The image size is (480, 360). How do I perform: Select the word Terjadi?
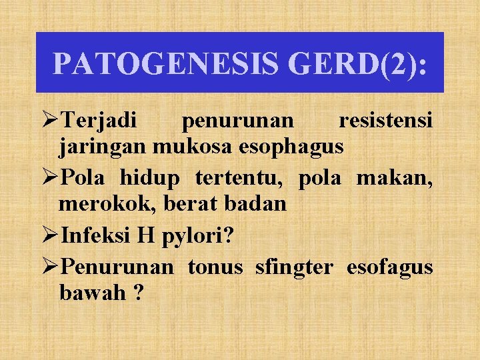tap(98, 121)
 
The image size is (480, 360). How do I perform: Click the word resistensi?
tap(386, 121)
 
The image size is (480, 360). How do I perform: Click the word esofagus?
tap(389, 267)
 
